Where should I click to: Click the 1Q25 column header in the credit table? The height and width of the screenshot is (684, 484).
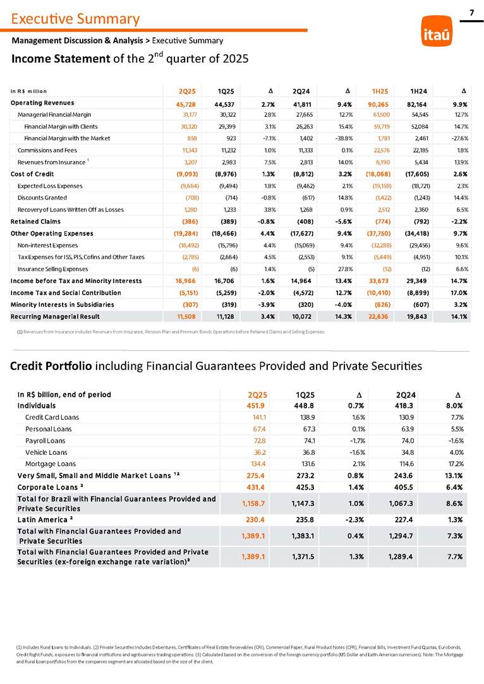306,395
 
